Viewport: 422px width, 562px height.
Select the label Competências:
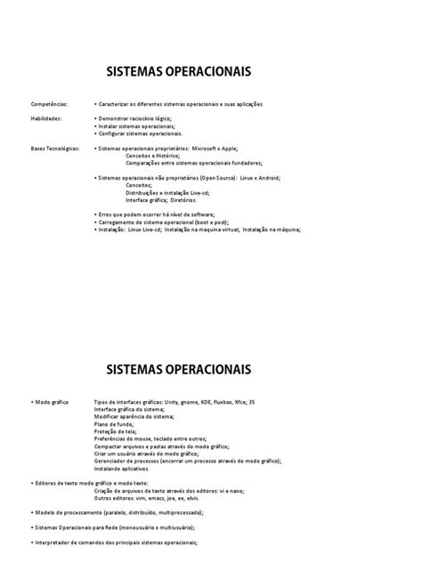tap(45, 104)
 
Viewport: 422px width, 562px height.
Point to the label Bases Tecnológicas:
tap(52, 148)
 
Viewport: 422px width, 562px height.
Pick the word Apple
tap(239, 148)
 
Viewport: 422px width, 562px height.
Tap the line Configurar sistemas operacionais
tap(140, 133)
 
